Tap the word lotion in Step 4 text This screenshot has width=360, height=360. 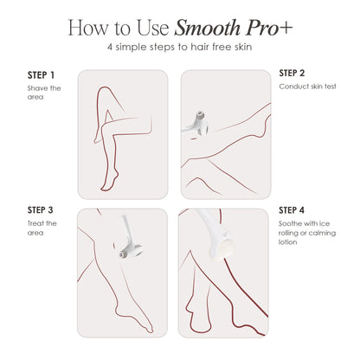[291, 242]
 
